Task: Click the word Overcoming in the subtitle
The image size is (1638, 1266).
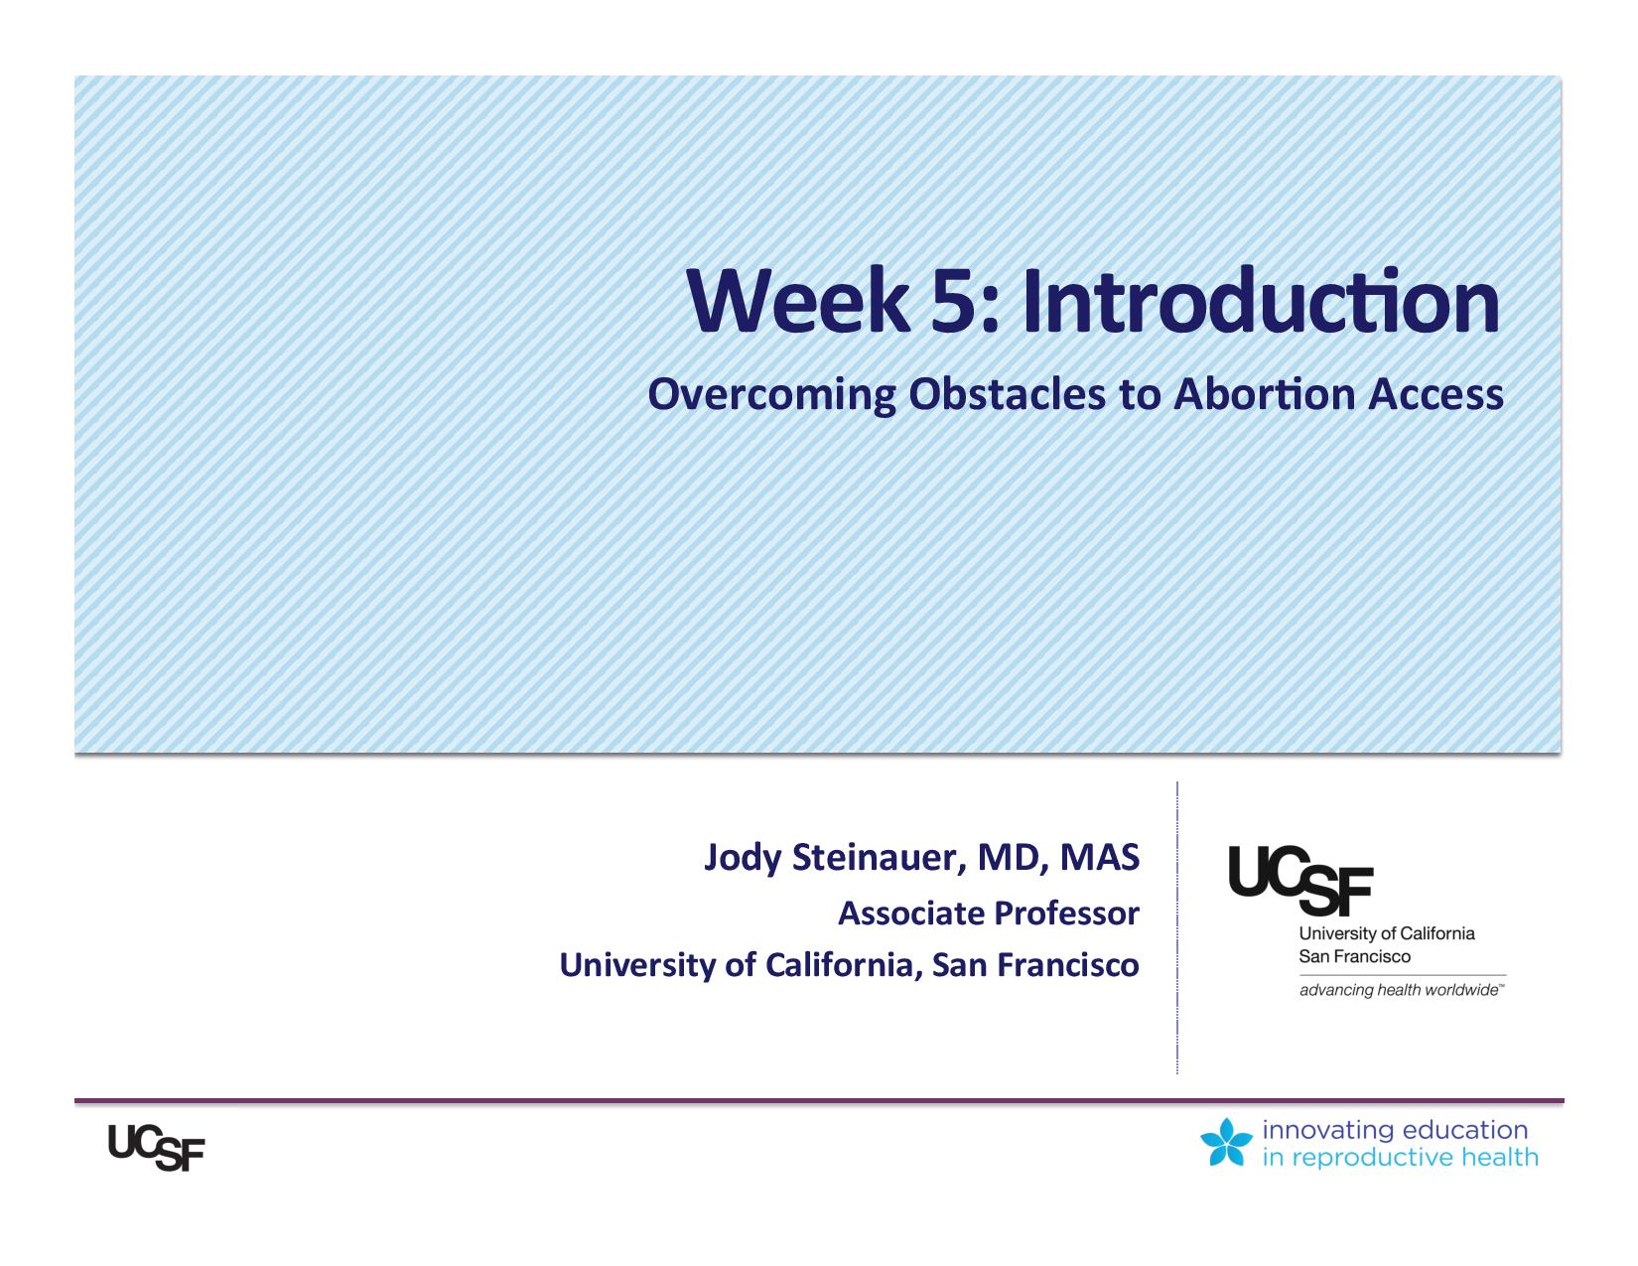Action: tap(771, 395)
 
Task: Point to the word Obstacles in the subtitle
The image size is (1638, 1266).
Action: tap(1007, 393)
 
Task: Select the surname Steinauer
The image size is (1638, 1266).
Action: tap(879, 857)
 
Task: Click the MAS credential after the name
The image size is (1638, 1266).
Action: tap(1100, 857)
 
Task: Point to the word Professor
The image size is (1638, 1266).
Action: tap(1066, 914)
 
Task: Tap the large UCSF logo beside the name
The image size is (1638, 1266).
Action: tap(1300, 880)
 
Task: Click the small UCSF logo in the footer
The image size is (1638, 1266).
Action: tap(156, 1148)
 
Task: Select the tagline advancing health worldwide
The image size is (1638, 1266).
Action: tap(1402, 990)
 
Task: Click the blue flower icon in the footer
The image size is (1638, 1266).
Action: tap(1226, 1142)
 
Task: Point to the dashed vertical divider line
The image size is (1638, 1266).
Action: tap(1176, 927)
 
